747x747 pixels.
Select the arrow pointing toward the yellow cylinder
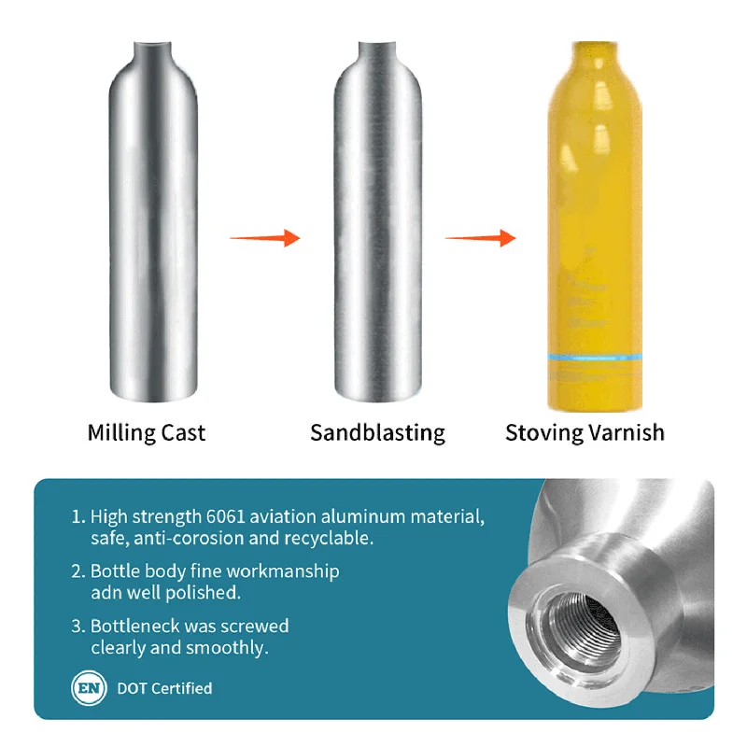click(x=480, y=238)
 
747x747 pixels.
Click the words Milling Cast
click(x=147, y=433)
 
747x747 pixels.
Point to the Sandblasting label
click(x=377, y=433)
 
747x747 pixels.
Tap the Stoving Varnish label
click(x=585, y=433)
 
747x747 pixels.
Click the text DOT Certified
click(x=164, y=689)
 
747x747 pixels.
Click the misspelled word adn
click(x=106, y=593)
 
